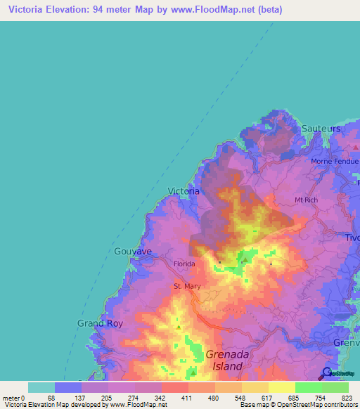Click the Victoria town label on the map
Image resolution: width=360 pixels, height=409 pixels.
[x=184, y=190]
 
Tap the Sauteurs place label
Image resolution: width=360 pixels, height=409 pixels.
[x=321, y=129]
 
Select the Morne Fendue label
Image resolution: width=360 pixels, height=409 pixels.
[x=335, y=161]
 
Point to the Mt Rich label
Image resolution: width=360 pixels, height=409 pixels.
[x=307, y=200]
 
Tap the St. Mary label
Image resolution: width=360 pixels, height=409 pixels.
[x=187, y=287]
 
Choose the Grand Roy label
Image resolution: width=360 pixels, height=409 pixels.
[x=96, y=323]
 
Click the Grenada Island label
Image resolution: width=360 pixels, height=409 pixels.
[x=225, y=361]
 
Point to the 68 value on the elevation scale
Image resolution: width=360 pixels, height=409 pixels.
[x=47, y=398]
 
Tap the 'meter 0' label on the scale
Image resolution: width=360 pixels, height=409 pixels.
[x=13, y=398]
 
